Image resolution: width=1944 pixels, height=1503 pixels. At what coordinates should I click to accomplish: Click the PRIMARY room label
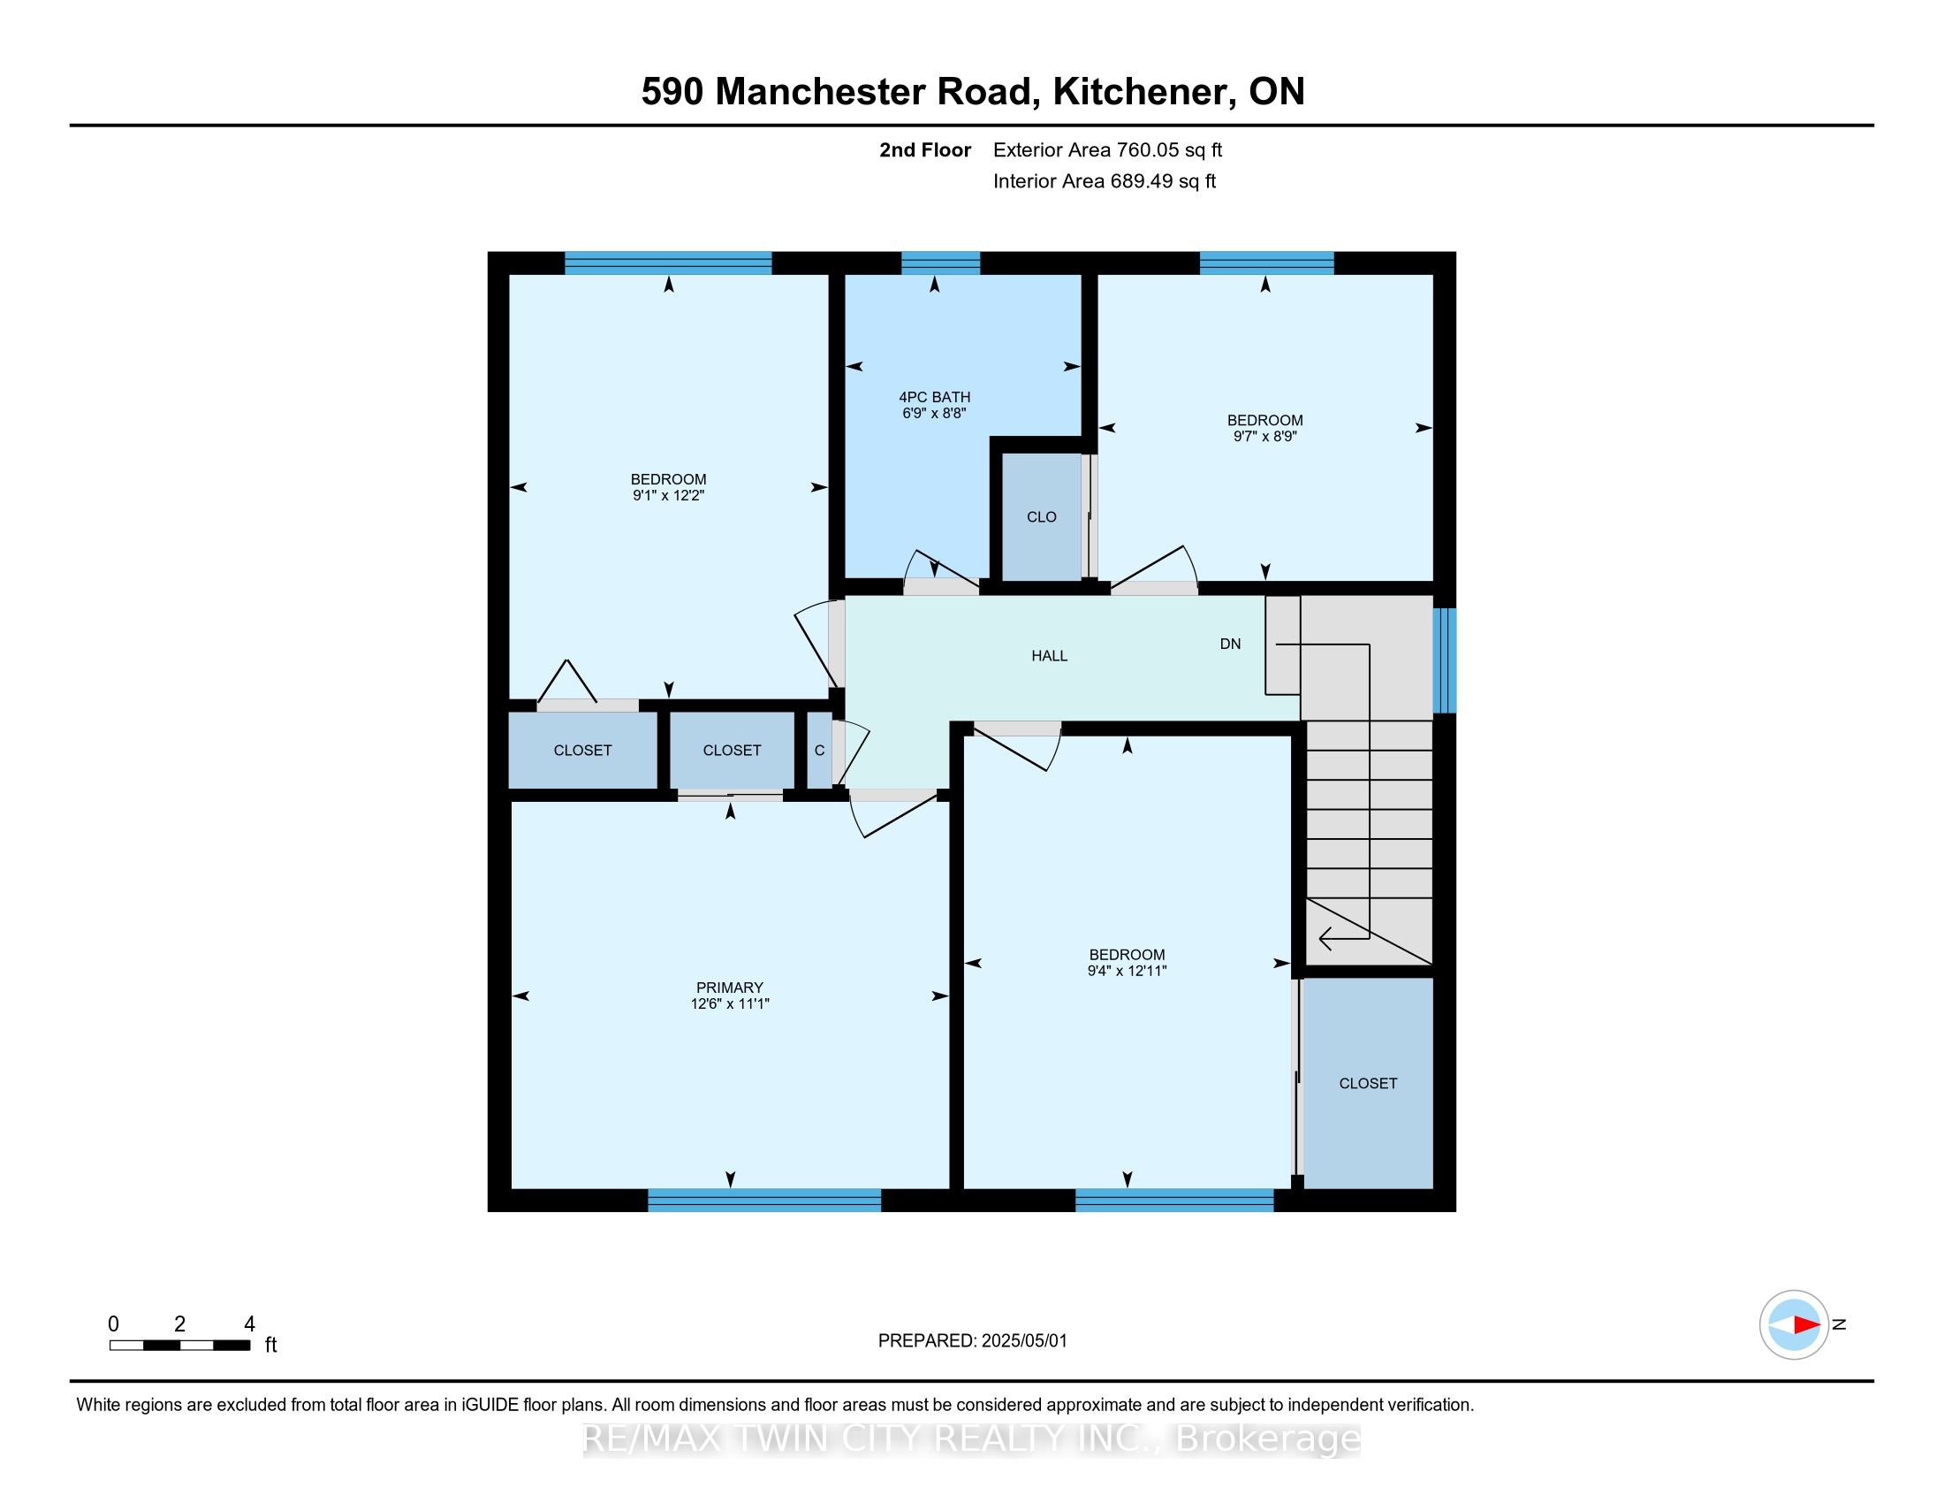coord(729,988)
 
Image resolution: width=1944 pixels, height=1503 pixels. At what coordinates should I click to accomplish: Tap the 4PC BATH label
coord(934,397)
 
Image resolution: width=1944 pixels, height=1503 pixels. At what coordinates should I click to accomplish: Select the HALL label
coord(1050,656)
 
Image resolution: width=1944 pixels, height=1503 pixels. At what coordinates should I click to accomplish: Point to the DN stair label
coord(1230,644)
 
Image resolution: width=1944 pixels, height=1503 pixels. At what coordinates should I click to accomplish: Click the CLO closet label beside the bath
coord(1042,517)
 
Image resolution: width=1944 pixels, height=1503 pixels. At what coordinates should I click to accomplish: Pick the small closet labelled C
coord(819,751)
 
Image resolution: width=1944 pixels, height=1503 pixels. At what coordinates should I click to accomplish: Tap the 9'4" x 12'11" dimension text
coord(1127,972)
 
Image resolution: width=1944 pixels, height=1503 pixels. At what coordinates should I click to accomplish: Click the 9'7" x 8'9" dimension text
coord(1264,436)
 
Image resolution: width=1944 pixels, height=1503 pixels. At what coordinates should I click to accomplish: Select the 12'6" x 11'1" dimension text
coord(729,1003)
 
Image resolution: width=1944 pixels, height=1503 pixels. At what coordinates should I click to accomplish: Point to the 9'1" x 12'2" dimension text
coord(669,495)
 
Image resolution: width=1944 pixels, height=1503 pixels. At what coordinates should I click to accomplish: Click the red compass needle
coord(1807,1325)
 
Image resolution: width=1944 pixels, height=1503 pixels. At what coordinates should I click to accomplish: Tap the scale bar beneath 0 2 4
coord(179,1346)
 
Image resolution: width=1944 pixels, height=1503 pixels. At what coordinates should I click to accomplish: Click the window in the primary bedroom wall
coord(764,1201)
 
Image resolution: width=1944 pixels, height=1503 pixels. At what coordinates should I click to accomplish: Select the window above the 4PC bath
coord(941,263)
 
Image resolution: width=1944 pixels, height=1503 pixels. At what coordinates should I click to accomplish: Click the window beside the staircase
coord(1445,660)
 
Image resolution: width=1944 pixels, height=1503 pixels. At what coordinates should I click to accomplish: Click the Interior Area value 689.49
coord(1135,181)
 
